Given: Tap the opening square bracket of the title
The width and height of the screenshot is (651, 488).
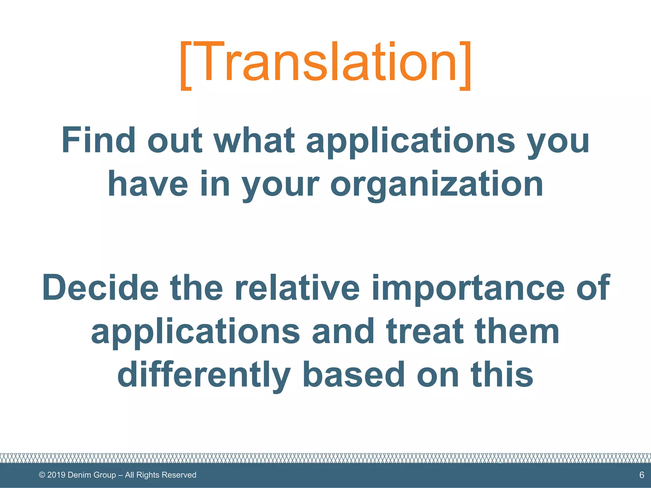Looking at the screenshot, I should coord(186,65).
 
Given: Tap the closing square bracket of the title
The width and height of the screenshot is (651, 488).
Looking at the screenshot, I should coord(465,65).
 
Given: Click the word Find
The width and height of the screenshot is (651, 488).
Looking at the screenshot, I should coord(98,140).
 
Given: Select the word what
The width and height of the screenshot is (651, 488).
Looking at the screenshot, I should coord(255,140).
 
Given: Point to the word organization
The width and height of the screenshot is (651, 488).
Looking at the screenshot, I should coord(437,184).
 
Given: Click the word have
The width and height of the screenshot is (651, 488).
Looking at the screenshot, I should coord(148,184).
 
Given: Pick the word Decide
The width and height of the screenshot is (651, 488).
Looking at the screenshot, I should coord(100,288).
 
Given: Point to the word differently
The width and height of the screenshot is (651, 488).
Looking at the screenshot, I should coord(204,375).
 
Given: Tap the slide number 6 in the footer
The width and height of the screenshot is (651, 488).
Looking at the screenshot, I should coord(641,475).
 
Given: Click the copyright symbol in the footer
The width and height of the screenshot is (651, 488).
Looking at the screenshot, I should coord(42,475).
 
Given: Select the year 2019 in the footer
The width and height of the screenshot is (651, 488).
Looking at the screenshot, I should coord(56,475).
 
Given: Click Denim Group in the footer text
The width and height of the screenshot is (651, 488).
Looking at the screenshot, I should coord(92,475).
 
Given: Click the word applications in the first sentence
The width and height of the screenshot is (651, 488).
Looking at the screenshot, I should coord(410,140).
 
